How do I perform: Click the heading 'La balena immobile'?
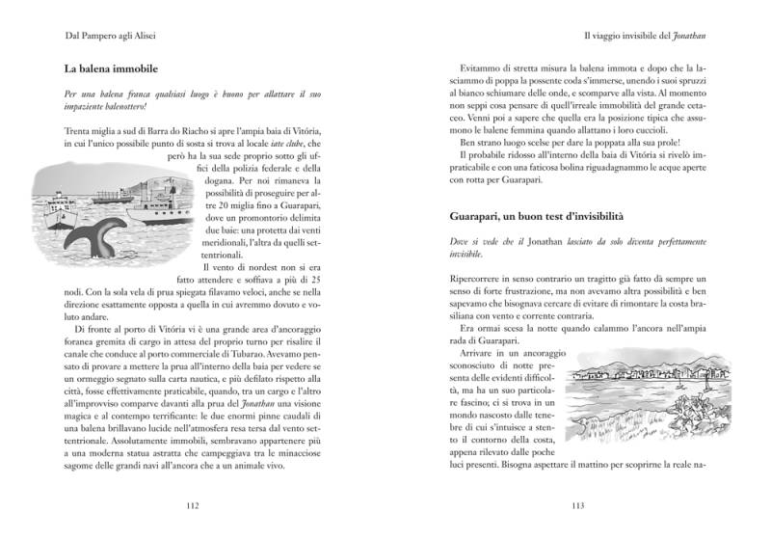coord(111,70)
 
